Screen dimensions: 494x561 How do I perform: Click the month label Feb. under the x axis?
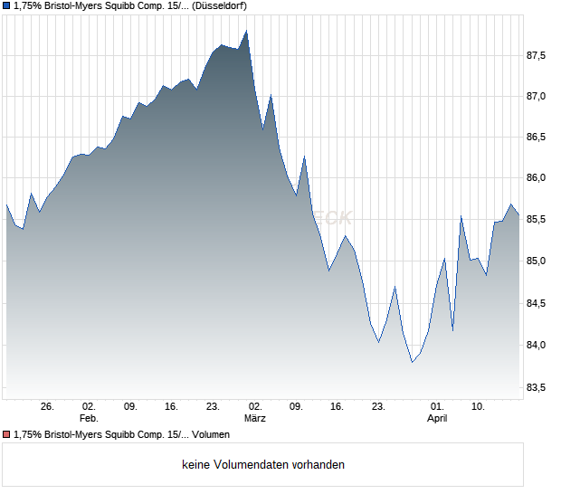(x=89, y=419)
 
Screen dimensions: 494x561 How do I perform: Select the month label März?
(x=255, y=419)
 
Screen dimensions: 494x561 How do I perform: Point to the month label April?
(x=437, y=419)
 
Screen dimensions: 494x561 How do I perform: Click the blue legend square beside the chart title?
(x=6, y=6)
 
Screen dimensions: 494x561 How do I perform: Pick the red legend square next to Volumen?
(x=6, y=434)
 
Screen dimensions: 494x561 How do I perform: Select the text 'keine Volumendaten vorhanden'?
(x=263, y=465)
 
